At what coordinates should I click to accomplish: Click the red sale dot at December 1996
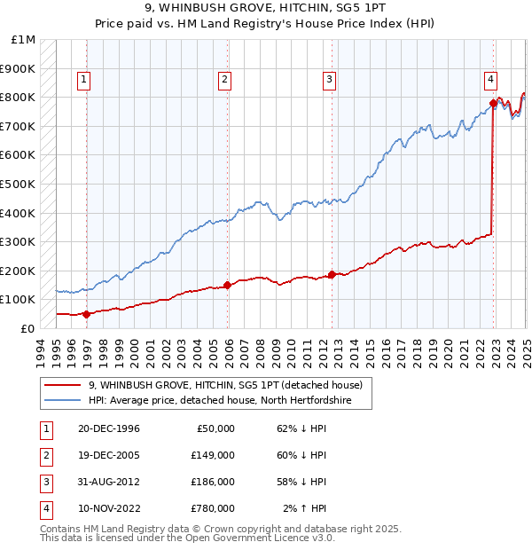(87, 314)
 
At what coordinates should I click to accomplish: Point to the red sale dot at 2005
(228, 285)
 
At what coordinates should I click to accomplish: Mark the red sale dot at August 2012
(332, 274)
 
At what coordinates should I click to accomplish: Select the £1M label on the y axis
(24, 40)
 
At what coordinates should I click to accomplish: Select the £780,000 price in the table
(213, 508)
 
